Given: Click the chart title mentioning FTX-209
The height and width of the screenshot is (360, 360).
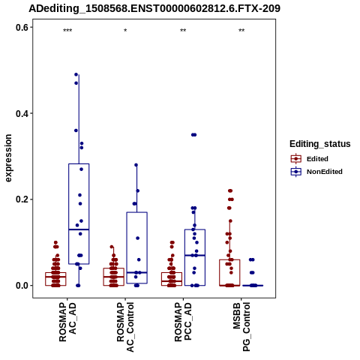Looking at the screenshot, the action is click(154, 8).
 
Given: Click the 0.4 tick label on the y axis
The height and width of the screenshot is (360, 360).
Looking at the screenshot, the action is click(22, 113).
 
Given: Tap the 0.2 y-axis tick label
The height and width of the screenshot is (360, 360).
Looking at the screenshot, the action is click(22, 199).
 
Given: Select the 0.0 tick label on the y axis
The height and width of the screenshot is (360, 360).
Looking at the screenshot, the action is click(22, 286).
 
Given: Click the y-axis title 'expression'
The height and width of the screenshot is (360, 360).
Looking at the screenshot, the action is click(8, 158).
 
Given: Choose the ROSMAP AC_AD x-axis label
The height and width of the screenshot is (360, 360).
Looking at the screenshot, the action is click(67, 322).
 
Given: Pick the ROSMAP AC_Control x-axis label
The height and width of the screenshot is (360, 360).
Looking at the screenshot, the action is click(125, 327).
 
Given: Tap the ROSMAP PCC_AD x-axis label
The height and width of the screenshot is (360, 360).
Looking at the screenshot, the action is click(183, 322).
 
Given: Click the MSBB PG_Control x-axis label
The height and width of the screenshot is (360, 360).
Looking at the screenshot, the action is click(241, 327).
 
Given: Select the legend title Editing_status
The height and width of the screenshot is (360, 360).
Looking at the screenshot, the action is click(320, 144).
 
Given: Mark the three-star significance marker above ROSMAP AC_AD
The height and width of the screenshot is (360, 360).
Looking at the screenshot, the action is click(67, 31).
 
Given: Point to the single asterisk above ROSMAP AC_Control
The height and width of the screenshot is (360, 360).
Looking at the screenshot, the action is click(125, 31).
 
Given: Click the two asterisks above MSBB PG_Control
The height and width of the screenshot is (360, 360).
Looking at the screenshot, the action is click(241, 31).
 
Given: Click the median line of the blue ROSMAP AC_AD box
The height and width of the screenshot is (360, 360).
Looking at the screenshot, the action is click(79, 229).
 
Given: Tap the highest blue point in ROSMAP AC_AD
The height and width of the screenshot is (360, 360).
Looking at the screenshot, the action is click(76, 74).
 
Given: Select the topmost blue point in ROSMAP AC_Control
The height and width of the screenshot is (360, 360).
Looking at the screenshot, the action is click(136, 165).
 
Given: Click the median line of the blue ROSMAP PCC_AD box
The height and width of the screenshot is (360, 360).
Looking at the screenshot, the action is click(195, 255).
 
